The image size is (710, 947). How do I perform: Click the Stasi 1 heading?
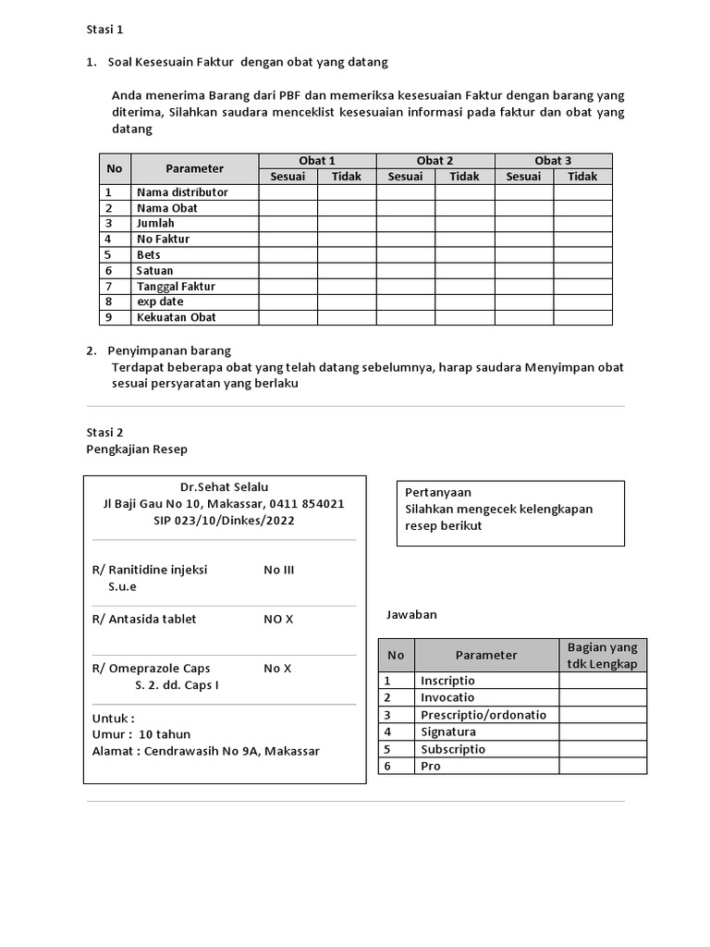coord(104,30)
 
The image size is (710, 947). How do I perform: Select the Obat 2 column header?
coord(435,161)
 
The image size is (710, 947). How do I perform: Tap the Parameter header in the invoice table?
coord(194,168)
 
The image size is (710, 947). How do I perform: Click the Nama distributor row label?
coord(182,192)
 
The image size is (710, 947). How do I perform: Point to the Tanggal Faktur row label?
coord(176,287)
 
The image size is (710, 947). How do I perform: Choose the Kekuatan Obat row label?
coord(177,317)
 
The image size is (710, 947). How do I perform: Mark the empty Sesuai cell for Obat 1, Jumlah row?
coord(288,224)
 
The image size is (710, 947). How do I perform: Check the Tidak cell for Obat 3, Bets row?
coord(582,255)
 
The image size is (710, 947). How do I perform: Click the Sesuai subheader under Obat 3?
coord(523,177)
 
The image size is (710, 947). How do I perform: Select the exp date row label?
coord(160,301)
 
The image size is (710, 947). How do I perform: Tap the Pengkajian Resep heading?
coord(136,449)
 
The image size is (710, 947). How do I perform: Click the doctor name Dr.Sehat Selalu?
coord(224,487)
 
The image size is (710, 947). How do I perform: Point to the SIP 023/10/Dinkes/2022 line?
coord(224,521)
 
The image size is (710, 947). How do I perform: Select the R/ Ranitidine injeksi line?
coord(150,570)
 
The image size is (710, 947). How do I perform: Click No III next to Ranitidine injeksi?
coord(278,570)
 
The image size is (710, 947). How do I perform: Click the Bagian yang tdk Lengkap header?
coord(602,655)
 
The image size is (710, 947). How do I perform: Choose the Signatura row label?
coord(448,732)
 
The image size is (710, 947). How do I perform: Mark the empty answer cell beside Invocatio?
coord(602,697)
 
